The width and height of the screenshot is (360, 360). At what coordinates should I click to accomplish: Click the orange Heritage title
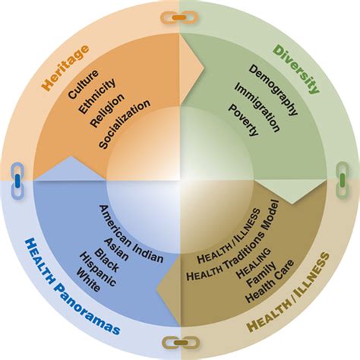(66, 68)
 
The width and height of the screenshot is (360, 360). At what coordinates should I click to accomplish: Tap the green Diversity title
(296, 69)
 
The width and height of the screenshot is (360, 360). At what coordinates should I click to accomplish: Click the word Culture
(83, 84)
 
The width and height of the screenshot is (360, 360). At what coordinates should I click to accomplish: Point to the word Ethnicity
(97, 96)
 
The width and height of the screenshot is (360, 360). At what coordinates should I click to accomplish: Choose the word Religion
(108, 110)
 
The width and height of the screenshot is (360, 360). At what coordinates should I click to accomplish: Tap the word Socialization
(125, 124)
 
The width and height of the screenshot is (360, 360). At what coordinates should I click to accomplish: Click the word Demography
(273, 90)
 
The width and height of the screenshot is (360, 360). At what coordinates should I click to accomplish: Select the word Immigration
(257, 108)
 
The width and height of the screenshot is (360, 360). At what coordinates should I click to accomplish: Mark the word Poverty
(244, 120)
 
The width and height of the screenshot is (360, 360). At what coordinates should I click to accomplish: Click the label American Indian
(131, 234)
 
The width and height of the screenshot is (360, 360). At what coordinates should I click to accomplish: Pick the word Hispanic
(98, 270)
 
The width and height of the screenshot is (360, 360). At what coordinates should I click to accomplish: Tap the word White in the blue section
(88, 280)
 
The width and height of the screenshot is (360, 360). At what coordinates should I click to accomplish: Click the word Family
(261, 274)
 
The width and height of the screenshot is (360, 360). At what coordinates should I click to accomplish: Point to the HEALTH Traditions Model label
(232, 240)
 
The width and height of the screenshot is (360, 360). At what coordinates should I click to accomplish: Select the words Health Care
(270, 280)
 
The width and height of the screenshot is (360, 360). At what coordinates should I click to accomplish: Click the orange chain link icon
(179, 17)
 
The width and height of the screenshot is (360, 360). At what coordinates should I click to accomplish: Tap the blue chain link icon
(17, 180)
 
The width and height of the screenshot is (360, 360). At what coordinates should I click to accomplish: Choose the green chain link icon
(343, 180)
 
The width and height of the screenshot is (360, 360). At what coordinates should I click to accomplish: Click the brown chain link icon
(181, 343)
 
